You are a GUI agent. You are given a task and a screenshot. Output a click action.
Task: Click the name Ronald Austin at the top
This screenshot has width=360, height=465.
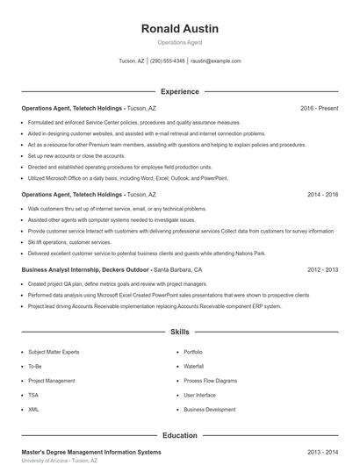click(x=179, y=29)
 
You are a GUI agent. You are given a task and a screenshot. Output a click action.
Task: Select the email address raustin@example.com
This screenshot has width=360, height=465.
click(x=215, y=61)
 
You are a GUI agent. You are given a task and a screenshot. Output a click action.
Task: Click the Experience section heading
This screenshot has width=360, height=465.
click(x=179, y=91)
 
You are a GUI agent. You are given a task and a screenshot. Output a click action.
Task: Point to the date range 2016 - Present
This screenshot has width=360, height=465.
click(x=319, y=108)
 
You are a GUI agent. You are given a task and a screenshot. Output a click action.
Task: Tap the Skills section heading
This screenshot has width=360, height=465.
click(x=179, y=333)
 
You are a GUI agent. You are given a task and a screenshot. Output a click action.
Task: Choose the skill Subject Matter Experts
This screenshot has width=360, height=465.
click(x=54, y=352)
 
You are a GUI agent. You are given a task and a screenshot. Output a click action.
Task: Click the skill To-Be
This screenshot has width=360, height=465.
click(x=35, y=366)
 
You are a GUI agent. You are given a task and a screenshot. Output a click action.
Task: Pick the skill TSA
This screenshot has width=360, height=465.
click(x=34, y=395)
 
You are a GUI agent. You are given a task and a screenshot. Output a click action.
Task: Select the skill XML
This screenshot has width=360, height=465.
click(x=33, y=409)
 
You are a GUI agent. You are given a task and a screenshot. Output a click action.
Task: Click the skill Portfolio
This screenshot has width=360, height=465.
click(x=193, y=352)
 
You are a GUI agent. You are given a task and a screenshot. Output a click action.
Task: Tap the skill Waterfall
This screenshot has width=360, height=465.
click(x=193, y=366)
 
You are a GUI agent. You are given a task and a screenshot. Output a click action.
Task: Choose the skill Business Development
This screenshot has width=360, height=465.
click(x=209, y=409)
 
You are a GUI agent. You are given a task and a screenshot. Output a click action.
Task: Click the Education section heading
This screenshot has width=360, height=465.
click(x=179, y=435)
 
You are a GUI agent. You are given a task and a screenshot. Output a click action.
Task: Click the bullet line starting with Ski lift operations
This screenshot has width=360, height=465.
click(x=69, y=240)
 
